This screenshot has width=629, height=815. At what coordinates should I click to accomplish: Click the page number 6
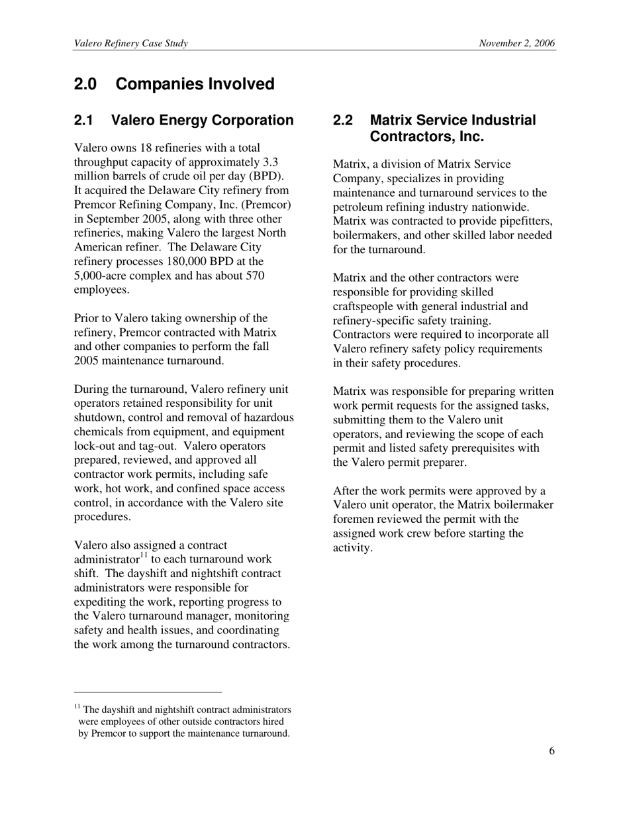point(552,751)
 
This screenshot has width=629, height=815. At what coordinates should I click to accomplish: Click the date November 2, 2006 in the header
point(517,43)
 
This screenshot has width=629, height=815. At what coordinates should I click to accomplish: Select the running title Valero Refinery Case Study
point(131,43)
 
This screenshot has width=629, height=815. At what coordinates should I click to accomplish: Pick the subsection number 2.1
point(83,121)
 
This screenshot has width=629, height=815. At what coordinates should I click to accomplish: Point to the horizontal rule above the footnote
point(148,692)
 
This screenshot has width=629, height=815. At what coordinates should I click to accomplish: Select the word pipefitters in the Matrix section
point(526,221)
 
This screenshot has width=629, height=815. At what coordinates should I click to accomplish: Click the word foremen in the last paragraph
point(352,519)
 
